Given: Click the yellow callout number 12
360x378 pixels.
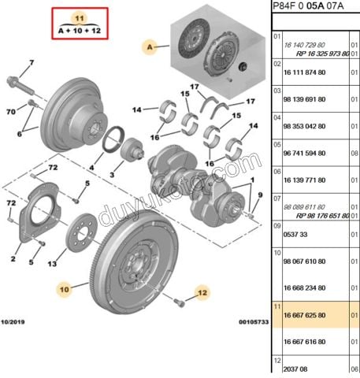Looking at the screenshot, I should pyautogui.click(x=202, y=293).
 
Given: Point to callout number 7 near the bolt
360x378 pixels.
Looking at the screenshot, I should pyautogui.click(x=32, y=62).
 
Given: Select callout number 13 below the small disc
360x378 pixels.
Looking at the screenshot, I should pyautogui.click(x=50, y=264).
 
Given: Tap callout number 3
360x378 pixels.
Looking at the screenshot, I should pyautogui.click(x=113, y=173).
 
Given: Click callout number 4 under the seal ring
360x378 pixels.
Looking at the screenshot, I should pyautogui.click(x=91, y=168).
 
